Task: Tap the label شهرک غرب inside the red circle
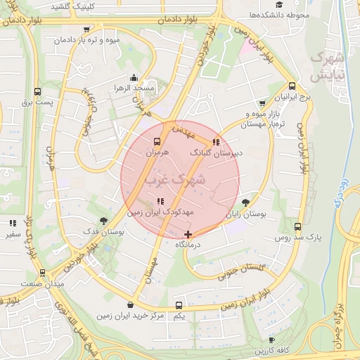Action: pyautogui.click(x=173, y=180)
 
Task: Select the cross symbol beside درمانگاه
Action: pyautogui.click(x=188, y=233)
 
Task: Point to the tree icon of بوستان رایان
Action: pyautogui.click(x=245, y=202)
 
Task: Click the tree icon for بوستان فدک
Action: pyautogui.click(x=104, y=220)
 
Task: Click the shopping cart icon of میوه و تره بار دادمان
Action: pyautogui.click(x=86, y=30)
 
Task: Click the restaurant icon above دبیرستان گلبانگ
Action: pyautogui.click(x=215, y=141)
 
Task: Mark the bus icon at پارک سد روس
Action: pyautogui.click(x=298, y=226)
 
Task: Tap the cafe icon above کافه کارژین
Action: pyautogui.click(x=271, y=340)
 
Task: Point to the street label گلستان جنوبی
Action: pyautogui.click(x=243, y=270)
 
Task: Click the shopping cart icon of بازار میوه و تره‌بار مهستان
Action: pyautogui.click(x=263, y=103)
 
